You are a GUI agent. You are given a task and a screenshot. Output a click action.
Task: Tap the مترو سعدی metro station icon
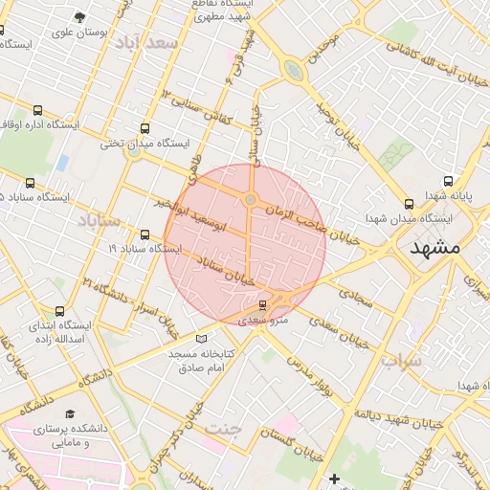pyautogui.click(x=262, y=305)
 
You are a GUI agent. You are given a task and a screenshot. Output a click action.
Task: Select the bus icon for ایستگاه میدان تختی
pyautogui.click(x=145, y=128)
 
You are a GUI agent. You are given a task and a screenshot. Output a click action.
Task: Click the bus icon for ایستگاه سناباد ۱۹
pyautogui.click(x=145, y=234)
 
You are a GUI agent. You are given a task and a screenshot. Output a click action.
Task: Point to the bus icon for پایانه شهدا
pyautogui.click(x=448, y=181)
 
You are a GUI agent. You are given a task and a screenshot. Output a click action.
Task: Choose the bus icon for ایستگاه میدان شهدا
pyautogui.click(x=410, y=203)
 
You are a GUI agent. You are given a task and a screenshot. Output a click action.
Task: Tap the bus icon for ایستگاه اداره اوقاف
pyautogui.click(x=37, y=111)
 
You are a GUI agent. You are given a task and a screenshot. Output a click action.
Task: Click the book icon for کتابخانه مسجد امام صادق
pyautogui.click(x=201, y=338)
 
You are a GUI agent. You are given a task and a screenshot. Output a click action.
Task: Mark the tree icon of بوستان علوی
pyautogui.click(x=79, y=16)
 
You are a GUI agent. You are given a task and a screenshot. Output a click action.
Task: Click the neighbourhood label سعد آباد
pyautogui.click(x=145, y=43)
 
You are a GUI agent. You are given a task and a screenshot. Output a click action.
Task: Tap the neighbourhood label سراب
pyautogui.click(x=400, y=360)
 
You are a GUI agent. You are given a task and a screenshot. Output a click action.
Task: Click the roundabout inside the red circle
pyautogui.click(x=251, y=199)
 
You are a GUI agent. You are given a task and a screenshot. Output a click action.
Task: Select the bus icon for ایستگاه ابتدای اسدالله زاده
pyautogui.click(x=60, y=311)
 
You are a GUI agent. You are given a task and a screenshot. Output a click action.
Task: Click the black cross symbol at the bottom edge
pyautogui.click(x=334, y=479)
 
